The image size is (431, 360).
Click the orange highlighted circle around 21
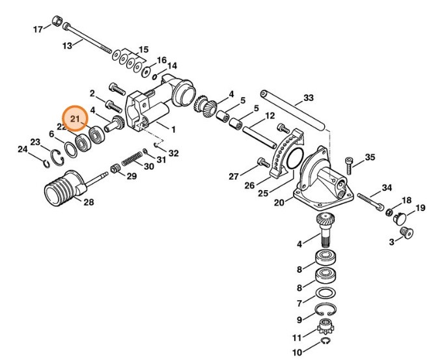[x=74, y=119]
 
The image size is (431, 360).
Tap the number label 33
[x=308, y=98]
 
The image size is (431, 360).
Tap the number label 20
[x=279, y=202]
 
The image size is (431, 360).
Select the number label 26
[x=249, y=186]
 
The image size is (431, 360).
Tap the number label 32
[x=173, y=153]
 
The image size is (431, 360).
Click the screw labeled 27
[x=262, y=161]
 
